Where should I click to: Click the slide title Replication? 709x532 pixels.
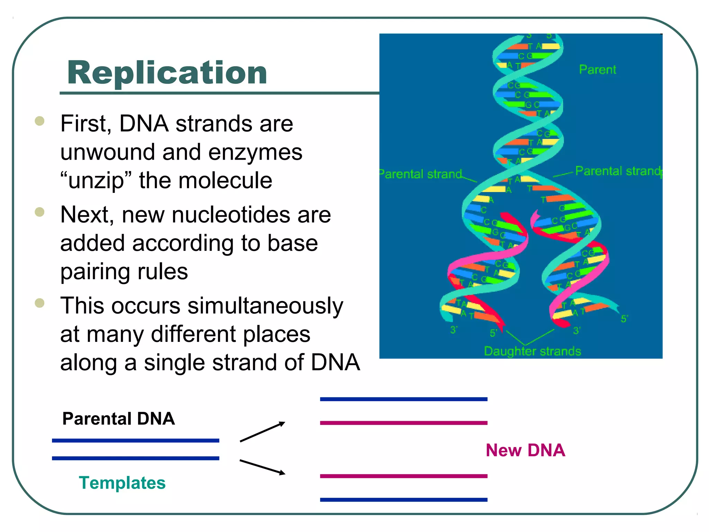(167, 73)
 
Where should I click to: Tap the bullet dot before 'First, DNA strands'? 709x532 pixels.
(40, 121)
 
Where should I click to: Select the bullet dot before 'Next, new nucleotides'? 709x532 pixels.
(40, 212)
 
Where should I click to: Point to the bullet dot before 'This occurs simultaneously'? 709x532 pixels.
(40, 303)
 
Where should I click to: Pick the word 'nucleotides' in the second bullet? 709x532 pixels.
(231, 215)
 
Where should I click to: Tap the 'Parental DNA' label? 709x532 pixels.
(118, 419)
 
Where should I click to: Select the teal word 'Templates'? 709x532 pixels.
(122, 483)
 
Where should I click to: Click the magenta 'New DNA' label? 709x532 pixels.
(525, 450)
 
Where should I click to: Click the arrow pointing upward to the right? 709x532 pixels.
(262, 432)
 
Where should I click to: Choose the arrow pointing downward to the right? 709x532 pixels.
(262, 467)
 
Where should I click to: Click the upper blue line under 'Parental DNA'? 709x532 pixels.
(135, 441)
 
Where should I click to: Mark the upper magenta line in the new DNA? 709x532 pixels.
(404, 423)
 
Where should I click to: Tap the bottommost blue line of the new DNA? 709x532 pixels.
(404, 500)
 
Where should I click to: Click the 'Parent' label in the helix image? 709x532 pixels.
(598, 70)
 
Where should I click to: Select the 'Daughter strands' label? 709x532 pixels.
(532, 351)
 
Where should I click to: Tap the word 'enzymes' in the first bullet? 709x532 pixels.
(255, 152)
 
